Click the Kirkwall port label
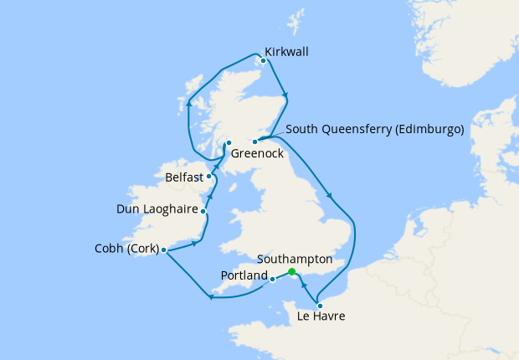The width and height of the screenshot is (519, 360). point(286,52)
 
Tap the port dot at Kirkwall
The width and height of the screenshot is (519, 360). point(264,60)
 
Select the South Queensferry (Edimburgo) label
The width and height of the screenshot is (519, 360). point(374,130)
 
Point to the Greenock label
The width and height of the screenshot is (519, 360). point(257,154)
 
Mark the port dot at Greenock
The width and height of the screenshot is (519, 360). point(229,143)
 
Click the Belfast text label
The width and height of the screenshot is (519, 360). point(184,177)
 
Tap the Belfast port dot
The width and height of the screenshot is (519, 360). point(209,177)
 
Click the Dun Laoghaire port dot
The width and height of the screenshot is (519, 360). point(203,211)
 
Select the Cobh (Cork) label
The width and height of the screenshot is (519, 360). point(126,249)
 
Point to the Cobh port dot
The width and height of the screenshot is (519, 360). point(164,250)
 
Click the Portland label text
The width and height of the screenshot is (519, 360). point(244,275)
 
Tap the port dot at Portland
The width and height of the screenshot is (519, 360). point(274,280)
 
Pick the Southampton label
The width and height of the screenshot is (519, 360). point(295,260)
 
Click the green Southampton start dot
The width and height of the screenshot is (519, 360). point(291,272)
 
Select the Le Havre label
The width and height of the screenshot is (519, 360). point(321,316)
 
